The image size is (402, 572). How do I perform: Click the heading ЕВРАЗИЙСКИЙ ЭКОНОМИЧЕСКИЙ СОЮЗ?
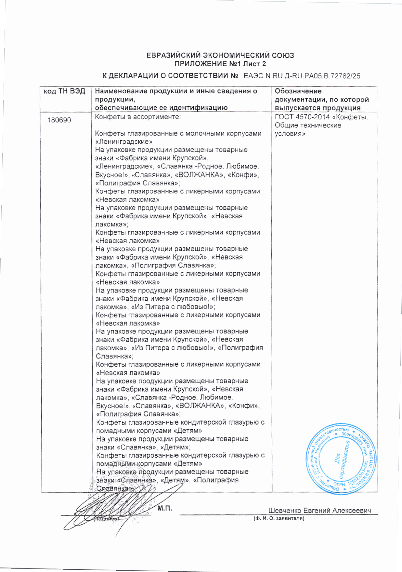(220, 55)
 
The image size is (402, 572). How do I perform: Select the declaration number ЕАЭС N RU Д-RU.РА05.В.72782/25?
(302, 76)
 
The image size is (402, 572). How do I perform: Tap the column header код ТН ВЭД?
(64, 91)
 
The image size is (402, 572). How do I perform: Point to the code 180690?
(59, 120)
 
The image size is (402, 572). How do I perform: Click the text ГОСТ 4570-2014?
(302, 117)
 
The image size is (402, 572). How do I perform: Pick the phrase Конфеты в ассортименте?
(138, 117)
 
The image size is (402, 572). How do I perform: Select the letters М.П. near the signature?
(165, 508)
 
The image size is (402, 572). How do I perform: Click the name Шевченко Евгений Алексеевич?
(320, 511)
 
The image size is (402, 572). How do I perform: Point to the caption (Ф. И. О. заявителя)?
(279, 518)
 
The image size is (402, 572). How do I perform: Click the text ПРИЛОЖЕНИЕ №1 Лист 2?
(220, 64)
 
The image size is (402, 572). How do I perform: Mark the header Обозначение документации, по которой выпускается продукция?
(322, 99)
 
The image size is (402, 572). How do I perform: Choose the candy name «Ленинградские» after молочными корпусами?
(124, 142)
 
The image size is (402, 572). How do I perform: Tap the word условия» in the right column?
(290, 134)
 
